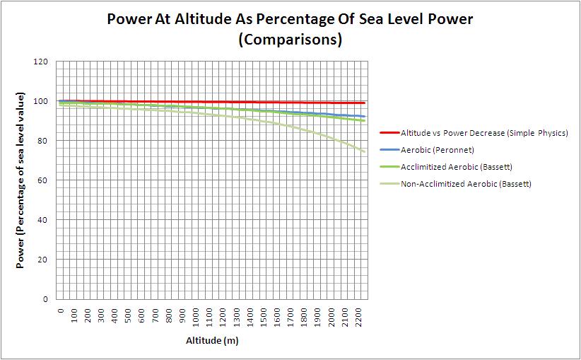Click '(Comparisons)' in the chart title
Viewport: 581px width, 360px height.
coord(290,40)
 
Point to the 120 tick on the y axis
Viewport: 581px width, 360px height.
coord(41,62)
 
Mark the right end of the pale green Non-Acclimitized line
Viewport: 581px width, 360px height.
coord(365,151)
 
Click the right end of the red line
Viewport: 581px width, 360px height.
coord(365,103)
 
